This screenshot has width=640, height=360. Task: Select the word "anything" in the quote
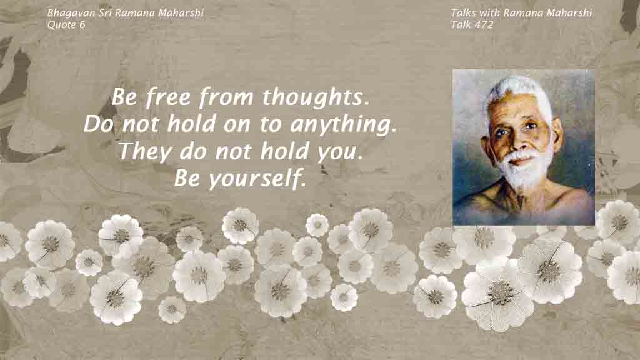[343, 124]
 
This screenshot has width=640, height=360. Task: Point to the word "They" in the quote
[145, 151]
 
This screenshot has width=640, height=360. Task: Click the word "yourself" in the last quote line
[257, 179]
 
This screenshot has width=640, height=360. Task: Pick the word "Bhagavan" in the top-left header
[71, 13]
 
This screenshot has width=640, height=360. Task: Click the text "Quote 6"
[66, 25]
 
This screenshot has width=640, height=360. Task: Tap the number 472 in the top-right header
[484, 25]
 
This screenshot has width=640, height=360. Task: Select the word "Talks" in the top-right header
[463, 13]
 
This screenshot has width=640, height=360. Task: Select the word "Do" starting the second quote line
[98, 124]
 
